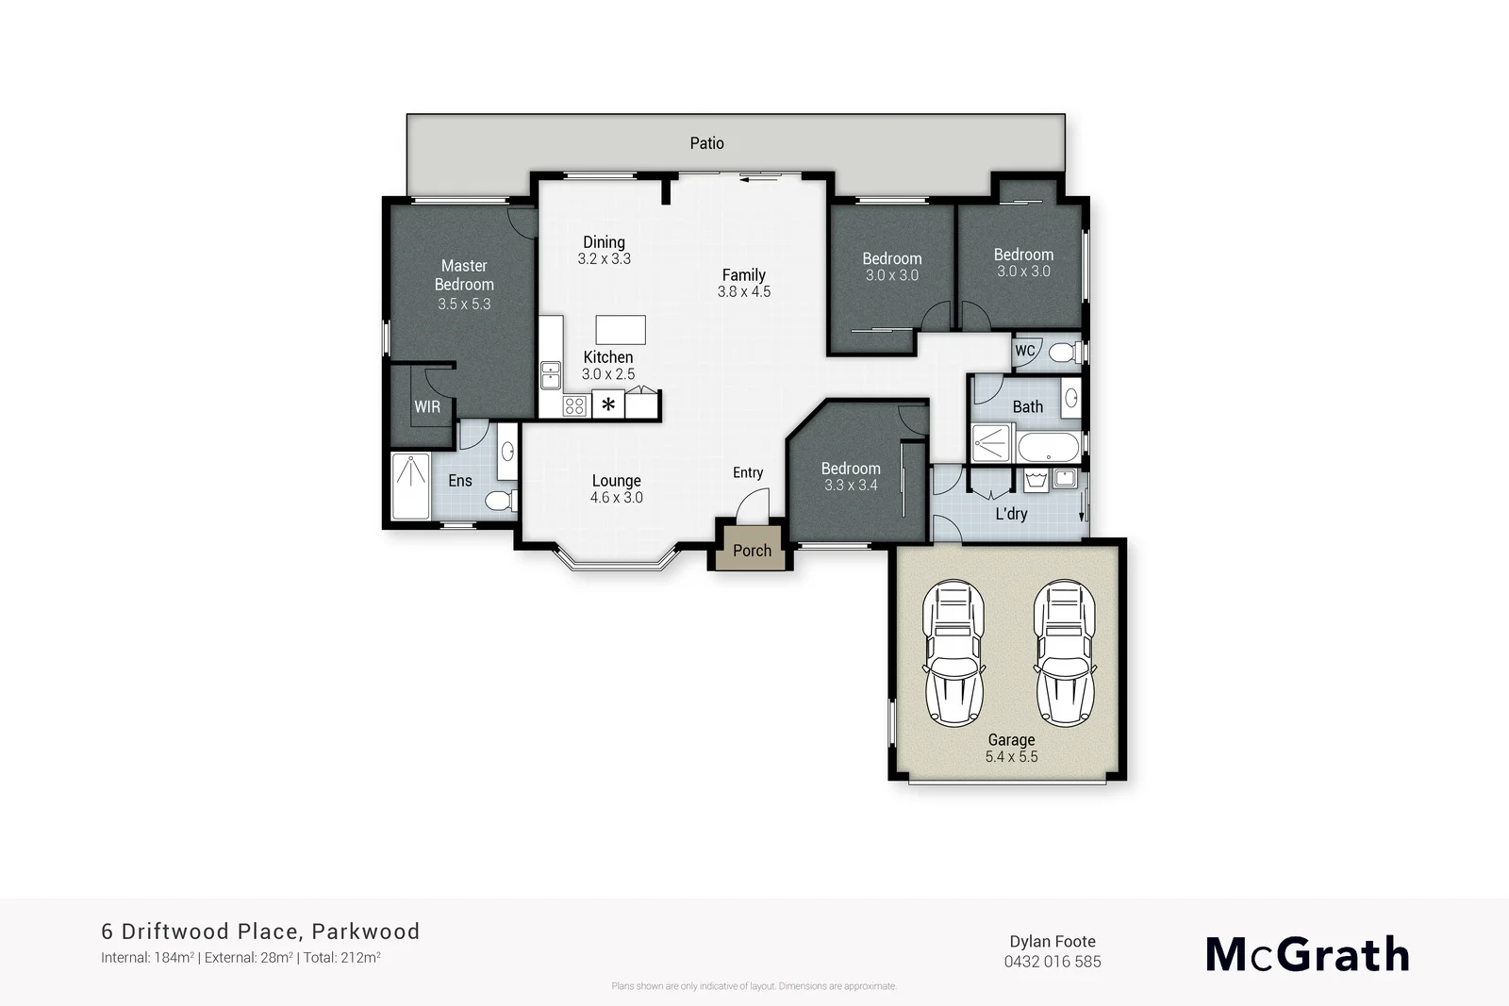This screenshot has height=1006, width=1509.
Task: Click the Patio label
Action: (x=706, y=143)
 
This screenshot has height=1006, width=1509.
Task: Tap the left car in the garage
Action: (x=953, y=652)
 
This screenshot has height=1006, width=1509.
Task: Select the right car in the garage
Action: (x=1065, y=652)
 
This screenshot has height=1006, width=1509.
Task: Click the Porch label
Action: (x=752, y=551)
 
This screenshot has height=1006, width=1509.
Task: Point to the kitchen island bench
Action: (x=621, y=330)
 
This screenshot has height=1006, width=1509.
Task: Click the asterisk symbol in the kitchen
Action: (x=609, y=405)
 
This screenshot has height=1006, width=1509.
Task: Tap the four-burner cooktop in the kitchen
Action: (x=574, y=406)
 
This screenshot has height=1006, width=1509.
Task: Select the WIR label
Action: (x=427, y=407)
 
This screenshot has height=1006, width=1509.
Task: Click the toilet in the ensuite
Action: (x=500, y=500)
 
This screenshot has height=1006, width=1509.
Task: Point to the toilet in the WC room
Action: (x=1063, y=353)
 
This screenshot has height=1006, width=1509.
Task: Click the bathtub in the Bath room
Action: (x=1049, y=446)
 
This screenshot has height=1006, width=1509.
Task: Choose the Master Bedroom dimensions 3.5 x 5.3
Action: (x=464, y=304)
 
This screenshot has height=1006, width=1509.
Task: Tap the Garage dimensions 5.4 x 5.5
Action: (x=1011, y=756)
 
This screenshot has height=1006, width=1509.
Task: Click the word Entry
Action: (x=748, y=472)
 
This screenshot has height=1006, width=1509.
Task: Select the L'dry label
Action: (x=1011, y=514)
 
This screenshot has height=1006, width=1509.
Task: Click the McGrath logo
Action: (x=1307, y=954)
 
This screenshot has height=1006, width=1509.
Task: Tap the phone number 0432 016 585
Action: (x=1053, y=962)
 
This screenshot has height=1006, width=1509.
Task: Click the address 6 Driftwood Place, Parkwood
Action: (x=260, y=932)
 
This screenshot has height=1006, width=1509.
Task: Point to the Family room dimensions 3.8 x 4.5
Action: (x=743, y=291)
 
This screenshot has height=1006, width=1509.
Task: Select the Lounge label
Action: (x=616, y=481)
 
